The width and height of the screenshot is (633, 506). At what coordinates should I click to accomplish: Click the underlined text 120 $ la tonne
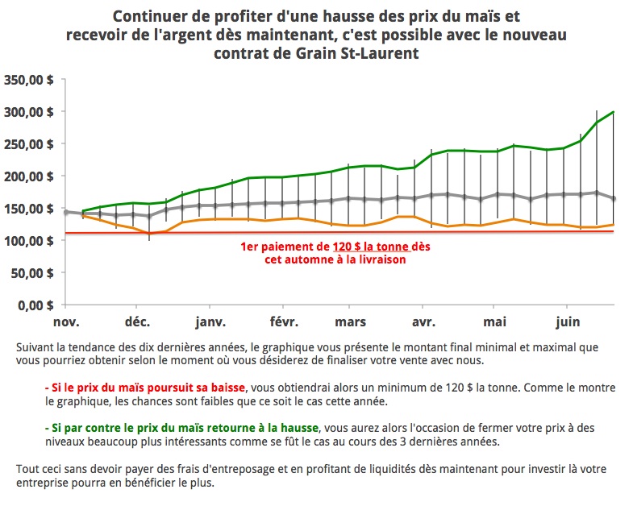click(370, 247)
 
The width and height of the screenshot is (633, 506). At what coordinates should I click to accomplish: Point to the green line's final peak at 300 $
click(614, 112)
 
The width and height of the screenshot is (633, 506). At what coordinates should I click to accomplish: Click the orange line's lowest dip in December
click(149, 234)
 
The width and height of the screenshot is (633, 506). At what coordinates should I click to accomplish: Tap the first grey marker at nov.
click(66, 212)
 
